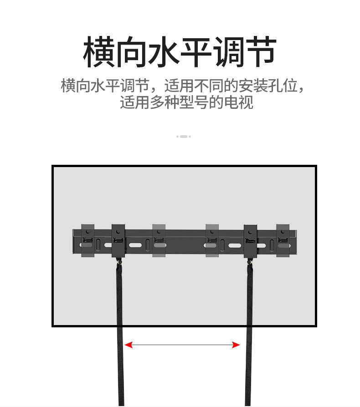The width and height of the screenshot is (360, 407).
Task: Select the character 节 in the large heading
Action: (x=261, y=53)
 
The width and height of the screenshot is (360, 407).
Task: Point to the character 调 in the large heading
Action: (x=229, y=53)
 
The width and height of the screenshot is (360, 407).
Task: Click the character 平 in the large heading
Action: (x=196, y=53)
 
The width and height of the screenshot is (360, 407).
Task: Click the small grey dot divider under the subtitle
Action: (x=183, y=137)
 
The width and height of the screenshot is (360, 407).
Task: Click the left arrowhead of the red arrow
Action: (x=129, y=345)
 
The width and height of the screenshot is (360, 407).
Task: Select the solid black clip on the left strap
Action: (x=118, y=240)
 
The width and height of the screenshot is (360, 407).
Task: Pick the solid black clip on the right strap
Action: (x=250, y=240)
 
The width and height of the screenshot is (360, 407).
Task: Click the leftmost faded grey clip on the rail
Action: (x=87, y=240)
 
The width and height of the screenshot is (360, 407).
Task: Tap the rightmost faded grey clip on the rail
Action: (x=283, y=240)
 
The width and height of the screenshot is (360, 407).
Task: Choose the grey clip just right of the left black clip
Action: (x=159, y=240)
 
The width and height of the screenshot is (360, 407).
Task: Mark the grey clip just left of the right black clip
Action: (x=212, y=240)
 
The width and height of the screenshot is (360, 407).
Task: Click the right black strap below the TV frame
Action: (x=249, y=364)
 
